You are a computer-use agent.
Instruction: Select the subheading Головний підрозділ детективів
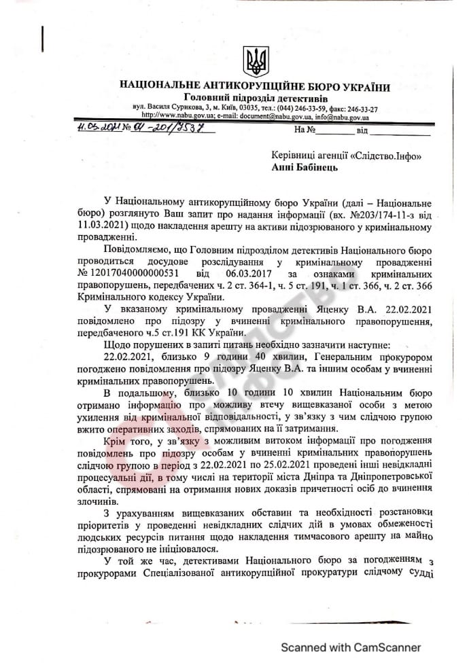255,98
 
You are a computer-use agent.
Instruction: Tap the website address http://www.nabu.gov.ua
178,116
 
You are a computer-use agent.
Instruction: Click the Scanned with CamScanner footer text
351,647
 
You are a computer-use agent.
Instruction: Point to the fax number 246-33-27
360,108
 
